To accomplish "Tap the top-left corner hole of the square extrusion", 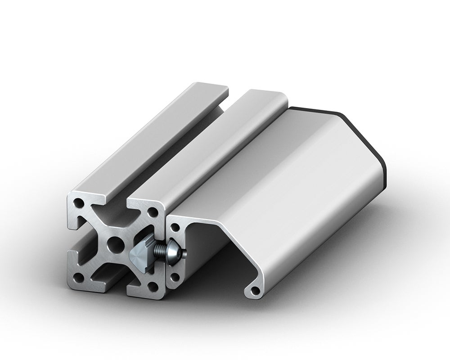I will point(80,203).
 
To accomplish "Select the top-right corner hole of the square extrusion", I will point(153,211).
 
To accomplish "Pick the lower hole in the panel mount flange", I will point(175,277).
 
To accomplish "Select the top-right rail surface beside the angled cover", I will point(216,148).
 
